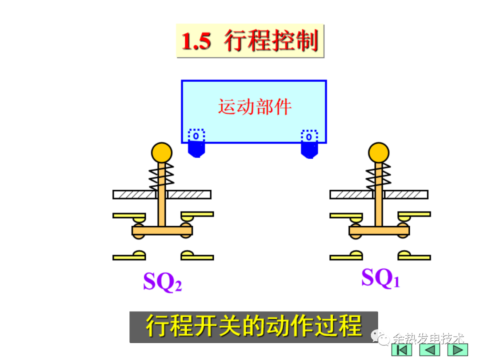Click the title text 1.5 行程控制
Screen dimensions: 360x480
click(x=250, y=41)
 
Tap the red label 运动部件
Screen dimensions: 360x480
click(x=255, y=107)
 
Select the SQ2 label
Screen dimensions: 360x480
click(x=162, y=281)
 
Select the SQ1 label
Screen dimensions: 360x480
click(x=380, y=278)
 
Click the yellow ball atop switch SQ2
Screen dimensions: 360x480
click(x=161, y=152)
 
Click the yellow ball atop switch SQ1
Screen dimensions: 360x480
click(x=379, y=152)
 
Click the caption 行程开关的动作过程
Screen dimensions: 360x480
click(x=253, y=327)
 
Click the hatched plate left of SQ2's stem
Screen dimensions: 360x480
click(x=134, y=195)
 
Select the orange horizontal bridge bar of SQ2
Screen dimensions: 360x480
click(x=162, y=231)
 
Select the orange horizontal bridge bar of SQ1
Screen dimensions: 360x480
click(x=379, y=231)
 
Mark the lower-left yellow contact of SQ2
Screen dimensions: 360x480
click(x=129, y=256)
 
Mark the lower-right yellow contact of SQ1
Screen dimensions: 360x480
click(x=414, y=256)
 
